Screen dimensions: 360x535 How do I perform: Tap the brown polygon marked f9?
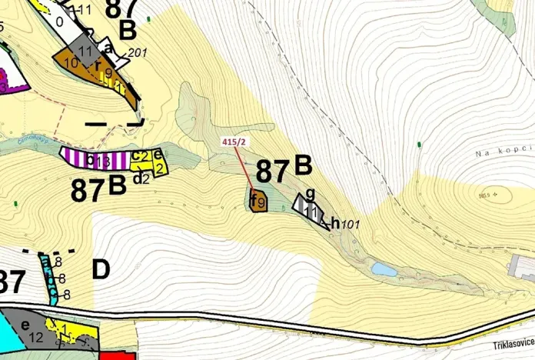click(258, 202)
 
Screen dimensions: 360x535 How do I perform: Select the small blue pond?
click(383, 269)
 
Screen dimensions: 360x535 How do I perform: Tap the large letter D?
click(101, 270)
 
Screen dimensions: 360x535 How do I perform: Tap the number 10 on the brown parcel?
click(71, 62)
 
